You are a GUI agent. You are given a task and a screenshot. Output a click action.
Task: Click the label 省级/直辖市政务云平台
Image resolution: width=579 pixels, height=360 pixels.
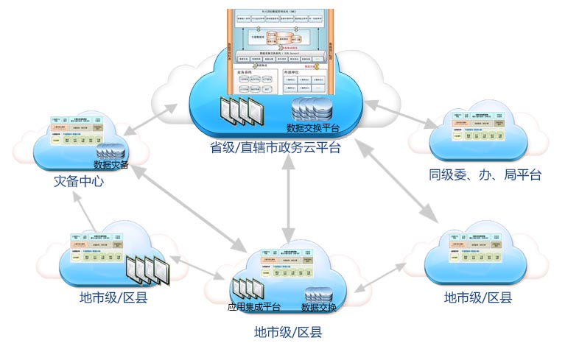(275, 147)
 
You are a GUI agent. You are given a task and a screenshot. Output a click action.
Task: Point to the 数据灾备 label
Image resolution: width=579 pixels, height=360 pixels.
(111, 165)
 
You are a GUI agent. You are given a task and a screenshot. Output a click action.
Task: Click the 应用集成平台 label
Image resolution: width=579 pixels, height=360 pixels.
(253, 307)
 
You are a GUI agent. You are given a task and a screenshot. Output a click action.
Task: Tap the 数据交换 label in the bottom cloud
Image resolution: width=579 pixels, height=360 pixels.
(319, 307)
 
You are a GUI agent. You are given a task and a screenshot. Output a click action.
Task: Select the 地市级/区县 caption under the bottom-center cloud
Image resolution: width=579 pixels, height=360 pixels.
(288, 332)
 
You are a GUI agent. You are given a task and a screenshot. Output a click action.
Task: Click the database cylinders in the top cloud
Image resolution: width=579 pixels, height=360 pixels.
(311, 109)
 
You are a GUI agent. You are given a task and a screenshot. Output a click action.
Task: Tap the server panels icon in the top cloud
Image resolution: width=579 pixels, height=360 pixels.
(241, 111)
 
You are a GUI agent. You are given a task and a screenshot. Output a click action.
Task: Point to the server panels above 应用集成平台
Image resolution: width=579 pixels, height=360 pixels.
(247, 289)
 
